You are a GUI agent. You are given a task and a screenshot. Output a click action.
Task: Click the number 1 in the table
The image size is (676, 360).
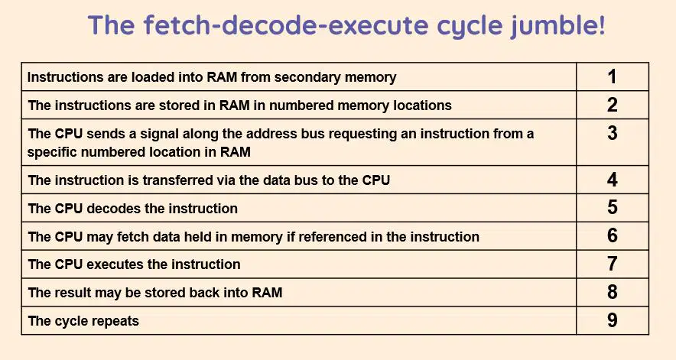click(612, 76)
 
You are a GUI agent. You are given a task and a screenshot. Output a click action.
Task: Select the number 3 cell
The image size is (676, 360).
click(613, 142)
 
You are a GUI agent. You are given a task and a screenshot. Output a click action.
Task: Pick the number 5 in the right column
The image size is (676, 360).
click(613, 207)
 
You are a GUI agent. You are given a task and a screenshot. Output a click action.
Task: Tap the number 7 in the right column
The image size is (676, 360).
click(613, 264)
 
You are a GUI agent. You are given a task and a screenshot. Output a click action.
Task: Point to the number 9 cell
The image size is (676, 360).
click(613, 320)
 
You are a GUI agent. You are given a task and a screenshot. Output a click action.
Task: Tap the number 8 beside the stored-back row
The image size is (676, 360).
click(613, 292)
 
